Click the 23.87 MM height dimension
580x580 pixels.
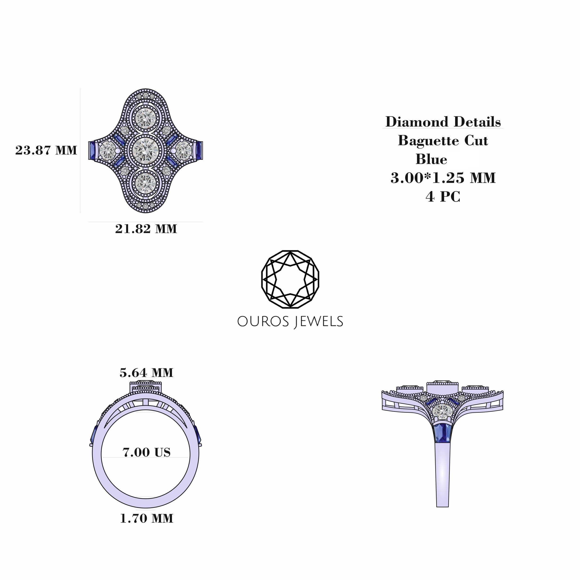[x=46, y=150]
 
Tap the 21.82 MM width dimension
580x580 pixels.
[x=146, y=229]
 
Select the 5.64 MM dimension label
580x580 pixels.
[x=146, y=373]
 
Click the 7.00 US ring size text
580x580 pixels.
[x=146, y=452]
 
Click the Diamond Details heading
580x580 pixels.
[x=443, y=122]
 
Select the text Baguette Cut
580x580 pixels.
[x=443, y=141]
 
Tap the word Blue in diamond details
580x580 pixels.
[x=431, y=159]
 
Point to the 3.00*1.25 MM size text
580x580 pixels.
[x=443, y=178]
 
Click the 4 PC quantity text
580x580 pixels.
[x=443, y=197]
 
